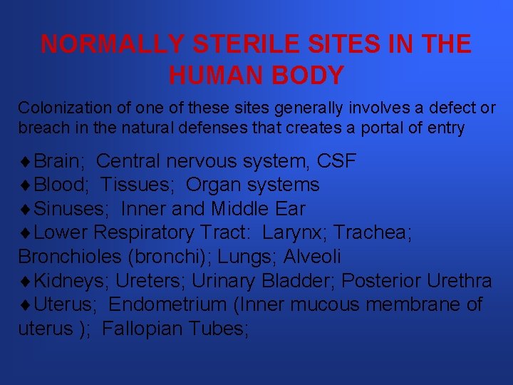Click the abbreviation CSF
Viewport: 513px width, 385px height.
tap(335, 161)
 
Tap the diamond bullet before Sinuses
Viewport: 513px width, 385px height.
tap(24, 210)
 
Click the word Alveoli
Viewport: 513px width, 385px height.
tap(312, 257)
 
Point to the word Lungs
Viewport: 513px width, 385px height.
tap(250, 257)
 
